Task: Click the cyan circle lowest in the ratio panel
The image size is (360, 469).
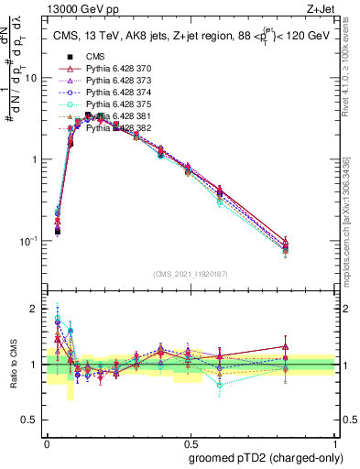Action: point(220,385)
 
